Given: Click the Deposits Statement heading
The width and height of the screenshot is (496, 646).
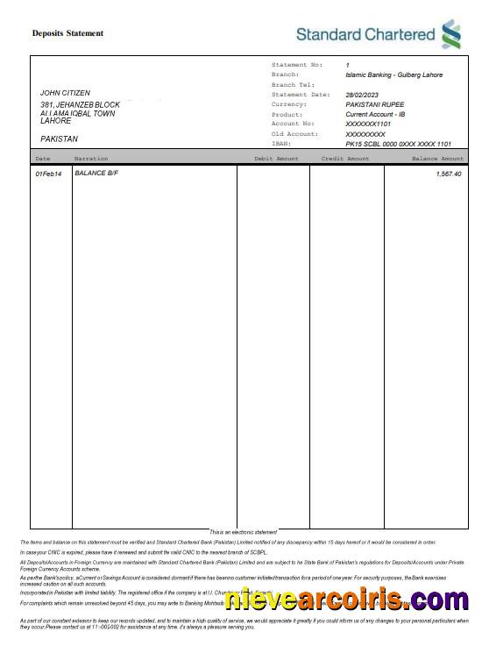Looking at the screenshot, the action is (67, 33).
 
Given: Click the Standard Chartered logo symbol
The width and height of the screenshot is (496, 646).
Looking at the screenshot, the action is (451, 34).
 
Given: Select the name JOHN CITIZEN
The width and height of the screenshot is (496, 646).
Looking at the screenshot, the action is (65, 93).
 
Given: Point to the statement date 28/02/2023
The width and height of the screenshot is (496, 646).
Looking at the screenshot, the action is (362, 95).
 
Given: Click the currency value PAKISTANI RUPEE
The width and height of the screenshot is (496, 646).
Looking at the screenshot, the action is (375, 104).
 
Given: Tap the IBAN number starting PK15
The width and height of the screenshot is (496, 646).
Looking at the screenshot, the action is (398, 144).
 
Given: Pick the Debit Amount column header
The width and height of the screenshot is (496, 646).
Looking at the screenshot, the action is (276, 159).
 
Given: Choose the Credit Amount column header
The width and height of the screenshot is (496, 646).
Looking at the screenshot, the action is (345, 159).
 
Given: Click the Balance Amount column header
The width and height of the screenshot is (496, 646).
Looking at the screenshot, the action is (437, 159).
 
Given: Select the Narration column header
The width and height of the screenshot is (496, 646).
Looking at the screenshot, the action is (91, 159).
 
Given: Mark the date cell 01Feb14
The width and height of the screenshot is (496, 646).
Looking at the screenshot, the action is (48, 174).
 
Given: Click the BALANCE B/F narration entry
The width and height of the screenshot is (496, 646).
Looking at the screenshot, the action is (96, 174).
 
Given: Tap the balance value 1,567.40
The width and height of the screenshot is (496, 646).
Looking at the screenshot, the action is (448, 174).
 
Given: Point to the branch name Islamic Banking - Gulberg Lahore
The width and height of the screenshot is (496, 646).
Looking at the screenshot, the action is (393, 75).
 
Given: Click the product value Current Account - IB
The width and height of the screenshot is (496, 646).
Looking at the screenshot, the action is (375, 115).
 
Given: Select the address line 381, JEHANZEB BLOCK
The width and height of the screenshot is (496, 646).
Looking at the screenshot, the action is (80, 105).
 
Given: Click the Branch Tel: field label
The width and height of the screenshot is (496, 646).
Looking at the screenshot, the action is (293, 85).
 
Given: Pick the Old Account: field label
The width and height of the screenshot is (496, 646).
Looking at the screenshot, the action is (294, 134).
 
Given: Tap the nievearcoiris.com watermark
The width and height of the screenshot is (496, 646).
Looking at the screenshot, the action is (346, 600).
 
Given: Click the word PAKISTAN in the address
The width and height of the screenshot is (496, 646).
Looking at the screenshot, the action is (60, 138).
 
